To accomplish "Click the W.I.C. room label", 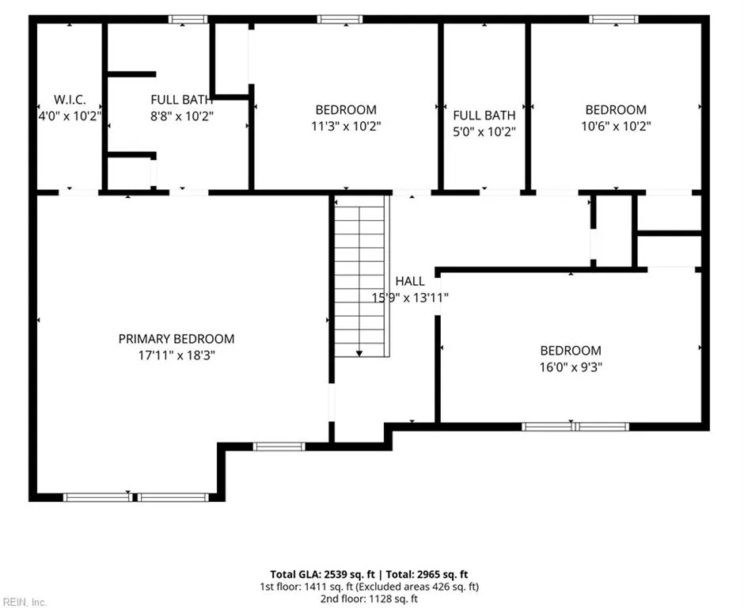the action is pyautogui.click(x=70, y=100).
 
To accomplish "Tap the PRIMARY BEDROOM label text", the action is pyautogui.click(x=176, y=339).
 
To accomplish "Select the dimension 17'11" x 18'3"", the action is pyautogui.click(x=177, y=355).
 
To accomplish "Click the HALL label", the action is pyautogui.click(x=410, y=281).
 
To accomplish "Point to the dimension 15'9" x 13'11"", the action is pyautogui.click(x=410, y=298).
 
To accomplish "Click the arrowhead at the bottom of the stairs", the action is pyautogui.click(x=359, y=353).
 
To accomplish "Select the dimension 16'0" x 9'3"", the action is pyautogui.click(x=571, y=367).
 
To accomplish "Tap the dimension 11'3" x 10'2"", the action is pyautogui.click(x=346, y=126).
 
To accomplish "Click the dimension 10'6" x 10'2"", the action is pyautogui.click(x=616, y=126).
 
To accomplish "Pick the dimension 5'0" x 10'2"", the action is pyautogui.click(x=484, y=132).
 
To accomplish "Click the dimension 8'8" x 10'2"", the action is pyautogui.click(x=182, y=116).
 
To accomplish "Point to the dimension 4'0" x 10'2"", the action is pyautogui.click(x=70, y=116).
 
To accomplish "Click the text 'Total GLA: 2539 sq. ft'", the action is pyautogui.click(x=323, y=574).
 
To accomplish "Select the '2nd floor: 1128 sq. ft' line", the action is pyautogui.click(x=369, y=598).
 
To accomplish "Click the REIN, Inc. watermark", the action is pyautogui.click(x=24, y=602).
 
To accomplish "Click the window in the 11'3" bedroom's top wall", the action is pyautogui.click(x=340, y=20).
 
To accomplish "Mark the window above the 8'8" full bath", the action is pyautogui.click(x=188, y=20).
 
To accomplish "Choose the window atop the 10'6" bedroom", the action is pyautogui.click(x=613, y=20).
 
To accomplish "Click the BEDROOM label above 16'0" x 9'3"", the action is pyautogui.click(x=571, y=350).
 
